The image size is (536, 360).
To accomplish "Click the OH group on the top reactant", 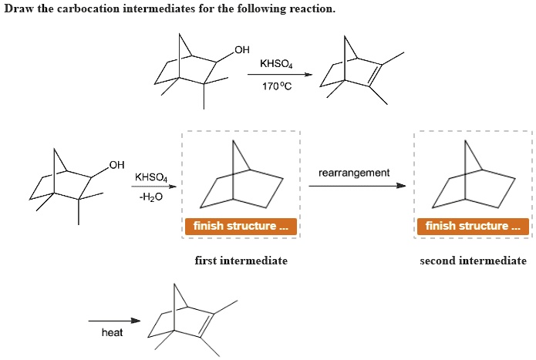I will pyautogui.click(x=241, y=50).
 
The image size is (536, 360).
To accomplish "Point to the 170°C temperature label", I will pyautogui.click(x=276, y=86).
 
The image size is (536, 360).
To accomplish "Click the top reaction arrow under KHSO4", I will pyautogui.click(x=279, y=75).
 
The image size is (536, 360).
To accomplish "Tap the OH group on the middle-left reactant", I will pyautogui.click(x=116, y=164).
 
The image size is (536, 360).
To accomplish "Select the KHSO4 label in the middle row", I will pyautogui.click(x=151, y=177).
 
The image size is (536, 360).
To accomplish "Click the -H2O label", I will pyautogui.click(x=150, y=197).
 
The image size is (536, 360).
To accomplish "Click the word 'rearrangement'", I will pyautogui.click(x=354, y=172).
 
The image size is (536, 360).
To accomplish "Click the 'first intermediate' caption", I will pyautogui.click(x=241, y=261).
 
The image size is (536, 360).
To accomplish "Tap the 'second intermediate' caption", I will pyautogui.click(x=473, y=261).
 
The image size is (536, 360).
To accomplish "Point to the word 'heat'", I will pyautogui.click(x=112, y=332).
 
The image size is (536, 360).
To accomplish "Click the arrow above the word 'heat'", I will pyautogui.click(x=114, y=320).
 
